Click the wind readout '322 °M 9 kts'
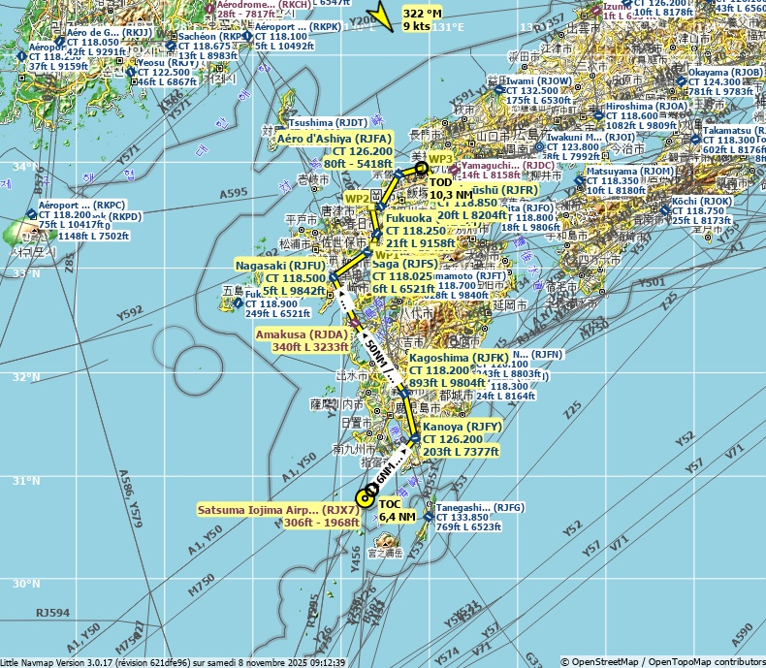tap(422, 19)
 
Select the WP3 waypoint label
tap(441, 158)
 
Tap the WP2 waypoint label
tap(358, 199)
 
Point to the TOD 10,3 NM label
tap(451, 188)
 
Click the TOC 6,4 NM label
tap(397, 510)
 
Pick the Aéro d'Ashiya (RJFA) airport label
tap(335, 139)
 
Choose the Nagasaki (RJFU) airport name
tap(280, 265)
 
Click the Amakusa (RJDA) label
tap(301, 334)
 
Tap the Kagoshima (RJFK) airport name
tap(456, 358)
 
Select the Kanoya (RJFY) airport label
tap(459, 427)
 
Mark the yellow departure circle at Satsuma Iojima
tap(365, 499)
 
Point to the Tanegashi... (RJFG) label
tap(481, 507)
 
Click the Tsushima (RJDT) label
tap(328, 123)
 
